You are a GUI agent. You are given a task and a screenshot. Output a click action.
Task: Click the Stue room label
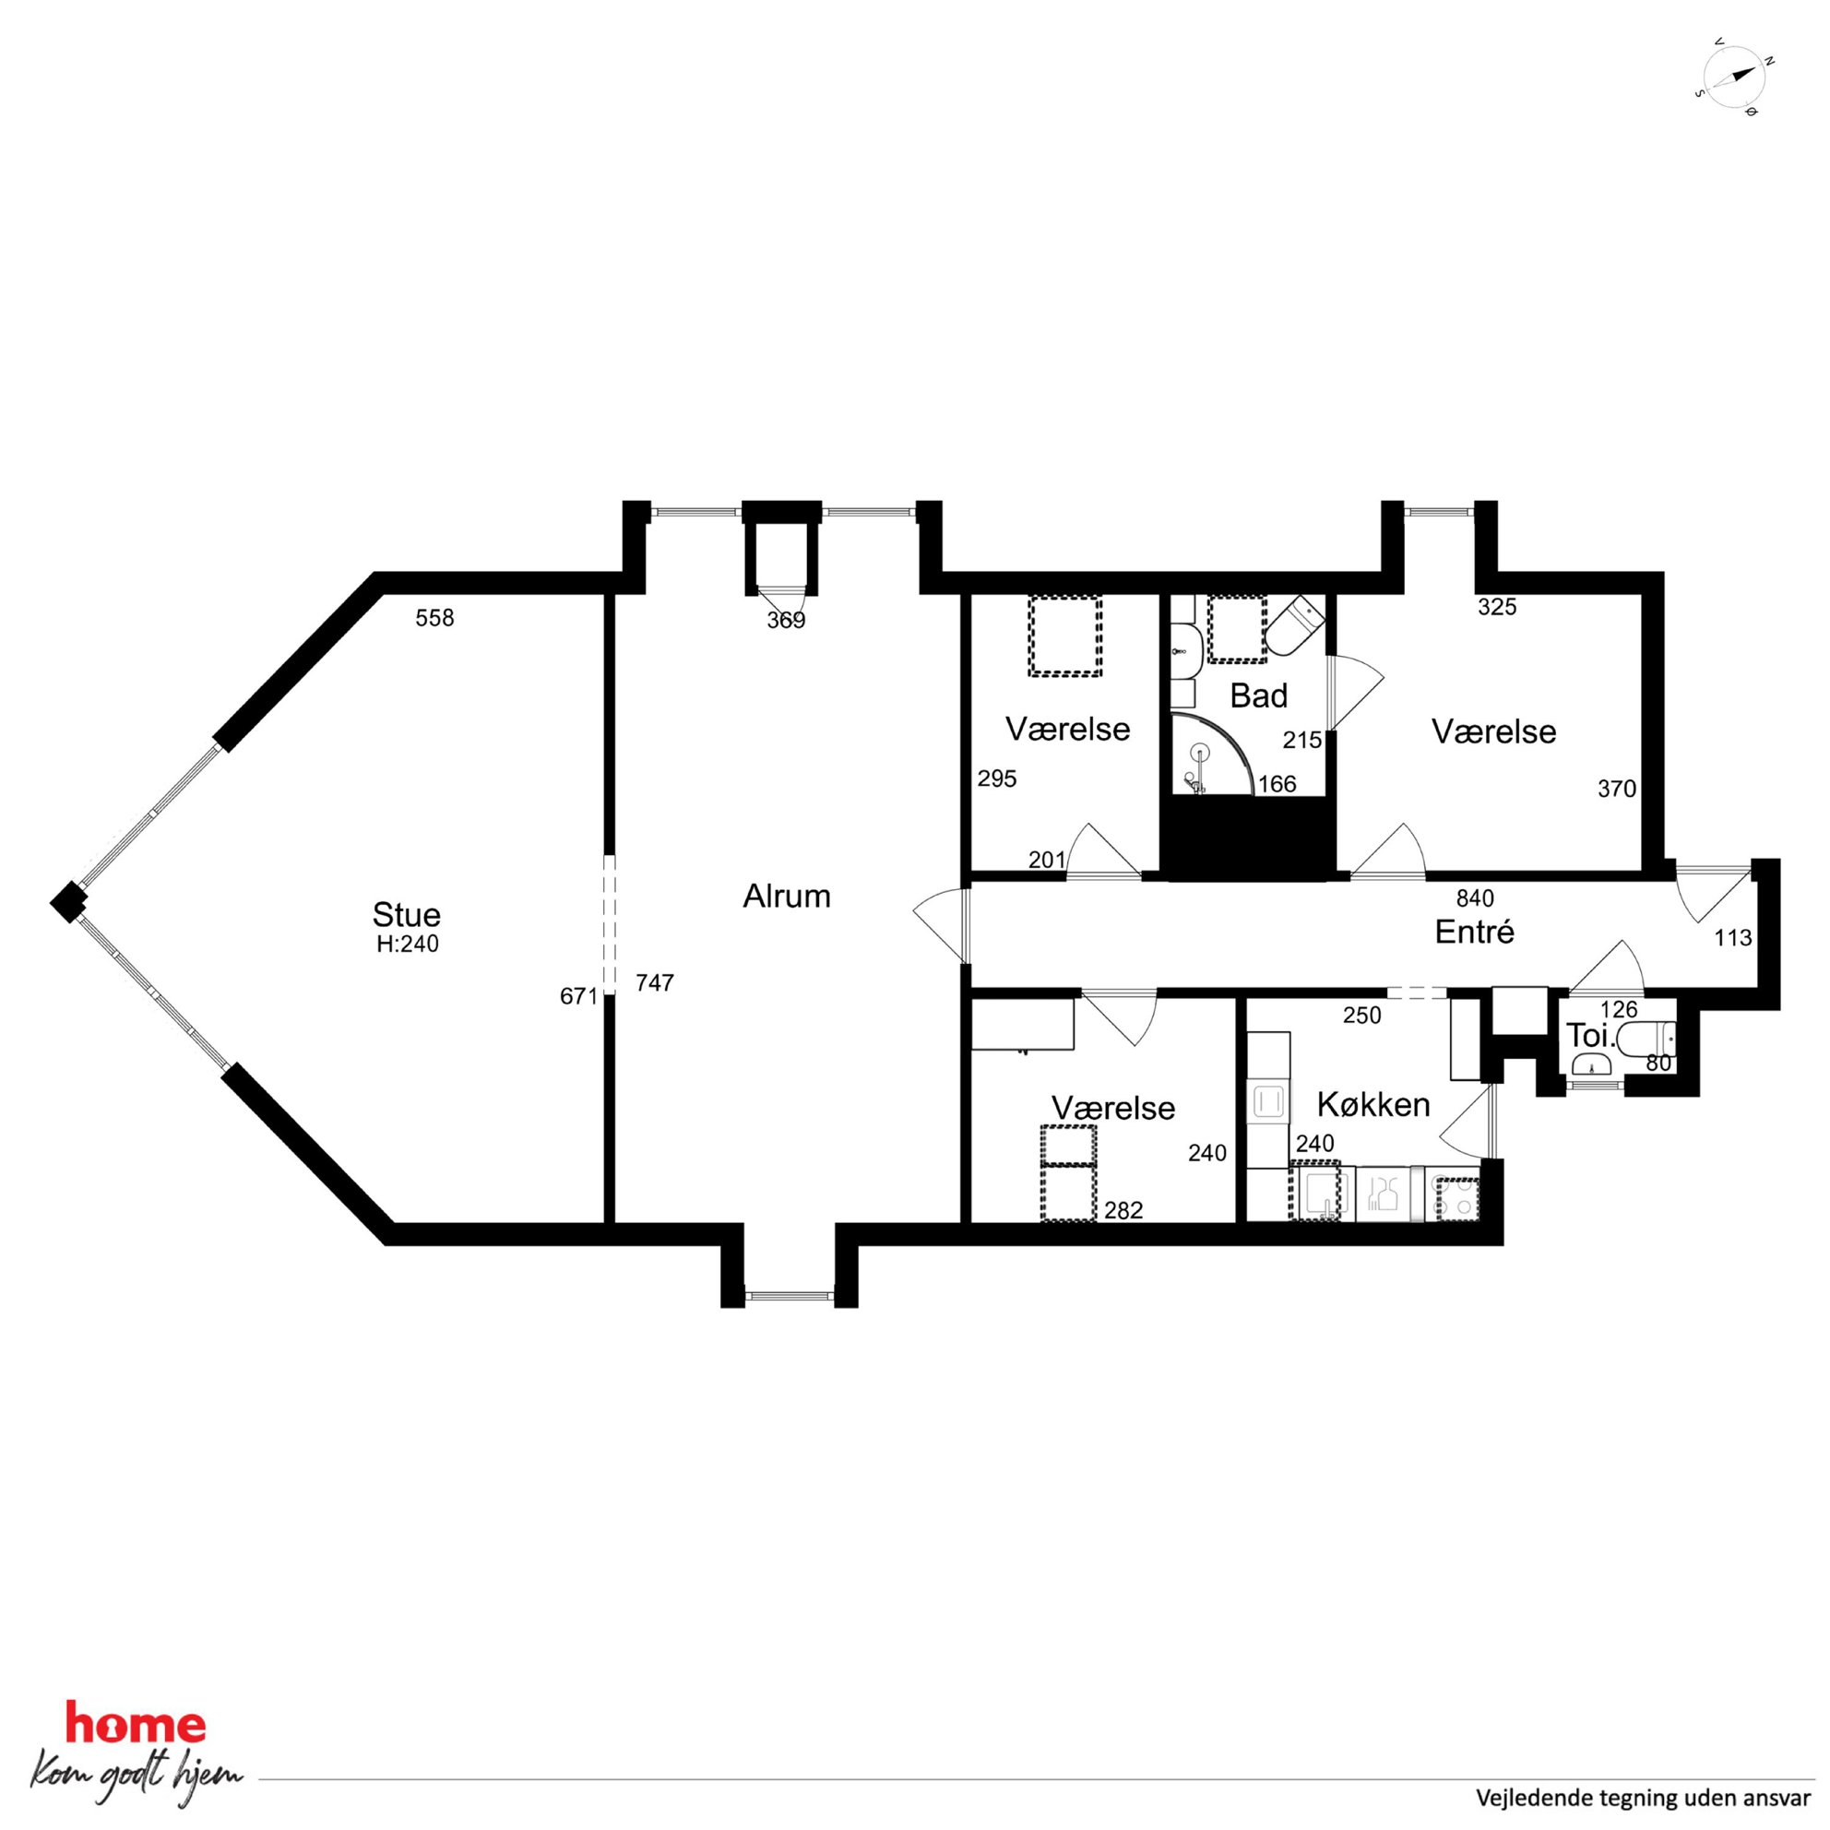(407, 915)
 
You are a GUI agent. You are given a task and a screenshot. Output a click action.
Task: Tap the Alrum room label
(786, 896)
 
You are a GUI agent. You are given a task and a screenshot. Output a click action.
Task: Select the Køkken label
(1373, 1104)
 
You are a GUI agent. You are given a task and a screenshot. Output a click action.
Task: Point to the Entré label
(1475, 932)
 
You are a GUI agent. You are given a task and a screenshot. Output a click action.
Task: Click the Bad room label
(1259, 696)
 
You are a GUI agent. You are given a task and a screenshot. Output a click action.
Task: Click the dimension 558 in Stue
(434, 618)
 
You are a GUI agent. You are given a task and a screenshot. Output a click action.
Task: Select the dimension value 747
(655, 983)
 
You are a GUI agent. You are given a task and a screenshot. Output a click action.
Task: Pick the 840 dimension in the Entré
(1475, 898)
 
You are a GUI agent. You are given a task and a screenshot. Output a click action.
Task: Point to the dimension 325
(1498, 607)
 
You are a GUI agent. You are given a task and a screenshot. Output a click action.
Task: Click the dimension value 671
(578, 996)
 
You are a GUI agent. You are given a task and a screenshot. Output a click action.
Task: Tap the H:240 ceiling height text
(408, 945)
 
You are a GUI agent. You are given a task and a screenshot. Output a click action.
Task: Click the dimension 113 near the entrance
(1732, 938)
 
